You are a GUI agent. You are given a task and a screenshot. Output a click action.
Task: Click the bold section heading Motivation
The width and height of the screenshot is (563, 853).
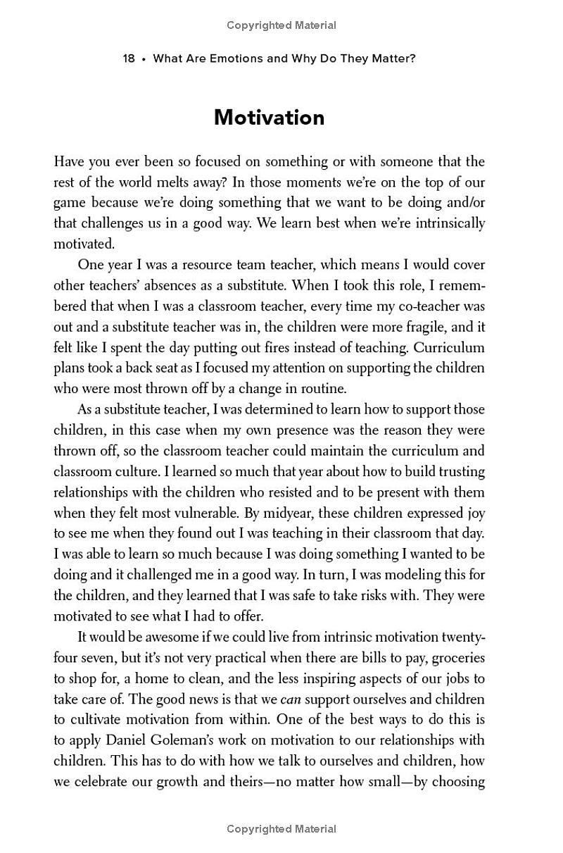pos(269,117)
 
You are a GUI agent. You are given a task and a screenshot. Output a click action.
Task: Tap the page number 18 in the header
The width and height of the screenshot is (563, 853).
pos(129,58)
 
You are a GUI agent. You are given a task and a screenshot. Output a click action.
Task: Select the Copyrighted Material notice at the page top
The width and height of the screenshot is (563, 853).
pos(281,25)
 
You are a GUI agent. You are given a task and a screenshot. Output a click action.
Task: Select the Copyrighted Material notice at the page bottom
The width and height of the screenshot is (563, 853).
pos(281,829)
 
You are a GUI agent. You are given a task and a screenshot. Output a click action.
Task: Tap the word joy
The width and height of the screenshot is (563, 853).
pos(473,513)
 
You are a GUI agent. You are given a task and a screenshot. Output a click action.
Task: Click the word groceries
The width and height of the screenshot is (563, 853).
pos(457,658)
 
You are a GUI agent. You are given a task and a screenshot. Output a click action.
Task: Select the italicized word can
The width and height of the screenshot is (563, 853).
pos(290,699)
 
